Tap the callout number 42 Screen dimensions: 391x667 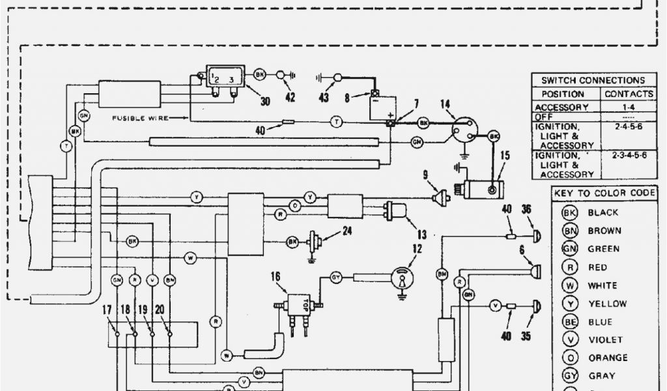289,98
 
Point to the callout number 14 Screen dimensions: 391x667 445,104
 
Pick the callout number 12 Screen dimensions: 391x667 417,248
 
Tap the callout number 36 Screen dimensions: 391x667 526,209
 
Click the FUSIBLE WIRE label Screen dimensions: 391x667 140,118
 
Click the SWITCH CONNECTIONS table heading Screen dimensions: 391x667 593,80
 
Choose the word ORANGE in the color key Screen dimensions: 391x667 608,358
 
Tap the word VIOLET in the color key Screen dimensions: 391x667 605,340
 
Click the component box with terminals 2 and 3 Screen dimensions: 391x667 225,76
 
